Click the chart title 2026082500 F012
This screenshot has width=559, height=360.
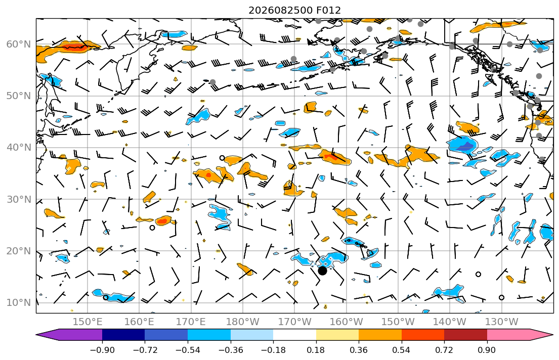tap(294, 10)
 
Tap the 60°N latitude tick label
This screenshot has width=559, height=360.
tap(19, 44)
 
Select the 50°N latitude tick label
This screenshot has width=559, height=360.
tap(19, 96)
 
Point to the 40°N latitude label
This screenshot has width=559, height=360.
tap(19, 148)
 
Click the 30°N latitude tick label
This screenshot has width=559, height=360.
tap(19, 199)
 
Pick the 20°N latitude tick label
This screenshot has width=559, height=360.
tap(19, 251)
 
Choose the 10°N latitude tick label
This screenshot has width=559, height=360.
tap(19, 303)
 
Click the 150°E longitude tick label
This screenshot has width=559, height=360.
tap(88, 322)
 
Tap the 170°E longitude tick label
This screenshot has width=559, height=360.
tap(191, 322)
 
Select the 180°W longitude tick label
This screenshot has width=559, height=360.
tap(243, 322)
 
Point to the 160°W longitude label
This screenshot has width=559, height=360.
tap(346, 322)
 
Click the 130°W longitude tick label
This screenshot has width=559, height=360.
tap(502, 322)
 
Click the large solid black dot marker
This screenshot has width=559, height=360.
tap(322, 271)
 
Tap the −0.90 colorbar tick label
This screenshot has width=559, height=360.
tap(102, 350)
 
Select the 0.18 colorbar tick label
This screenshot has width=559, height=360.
tap(316, 350)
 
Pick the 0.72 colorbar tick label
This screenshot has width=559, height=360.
tap(444, 350)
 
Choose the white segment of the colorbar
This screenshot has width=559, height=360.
tap(294, 335)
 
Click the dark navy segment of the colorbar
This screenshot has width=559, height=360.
tap(123, 335)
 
